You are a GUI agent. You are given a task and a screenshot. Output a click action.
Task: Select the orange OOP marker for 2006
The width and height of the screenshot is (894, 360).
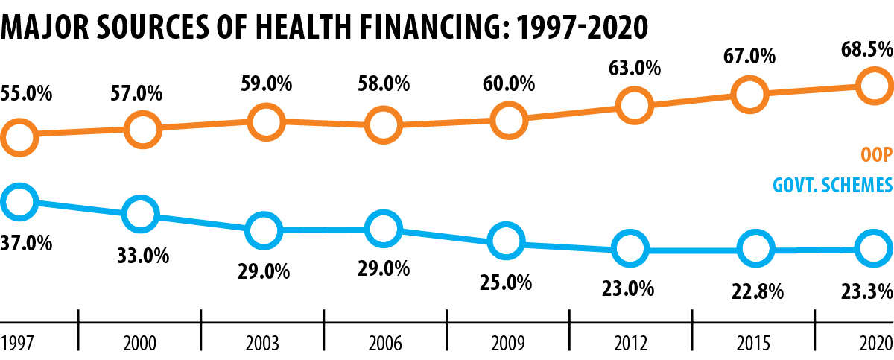pyautogui.click(x=383, y=124)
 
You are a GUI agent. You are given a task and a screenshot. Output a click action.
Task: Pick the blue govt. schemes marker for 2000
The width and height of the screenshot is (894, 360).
pyautogui.click(x=142, y=214)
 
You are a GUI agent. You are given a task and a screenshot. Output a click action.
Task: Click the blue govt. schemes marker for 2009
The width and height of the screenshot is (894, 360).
pyautogui.click(x=505, y=240)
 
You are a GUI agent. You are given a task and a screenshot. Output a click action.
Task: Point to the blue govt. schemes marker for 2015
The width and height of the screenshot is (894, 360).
pyautogui.click(x=753, y=248)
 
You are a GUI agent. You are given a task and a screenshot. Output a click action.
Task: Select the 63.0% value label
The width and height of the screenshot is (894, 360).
pyautogui.click(x=634, y=69)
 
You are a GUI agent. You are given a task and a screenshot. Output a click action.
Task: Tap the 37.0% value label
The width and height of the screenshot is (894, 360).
pyautogui.click(x=26, y=244)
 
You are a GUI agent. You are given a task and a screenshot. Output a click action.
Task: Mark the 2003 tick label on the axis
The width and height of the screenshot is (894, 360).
pyautogui.click(x=261, y=343)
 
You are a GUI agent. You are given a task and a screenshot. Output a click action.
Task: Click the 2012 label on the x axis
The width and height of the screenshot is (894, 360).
pyautogui.click(x=631, y=343)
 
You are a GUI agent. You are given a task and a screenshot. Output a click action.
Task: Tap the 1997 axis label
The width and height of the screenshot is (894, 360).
pyautogui.click(x=16, y=343)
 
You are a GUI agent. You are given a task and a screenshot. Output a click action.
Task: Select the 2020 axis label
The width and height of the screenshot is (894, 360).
pyautogui.click(x=876, y=343)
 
